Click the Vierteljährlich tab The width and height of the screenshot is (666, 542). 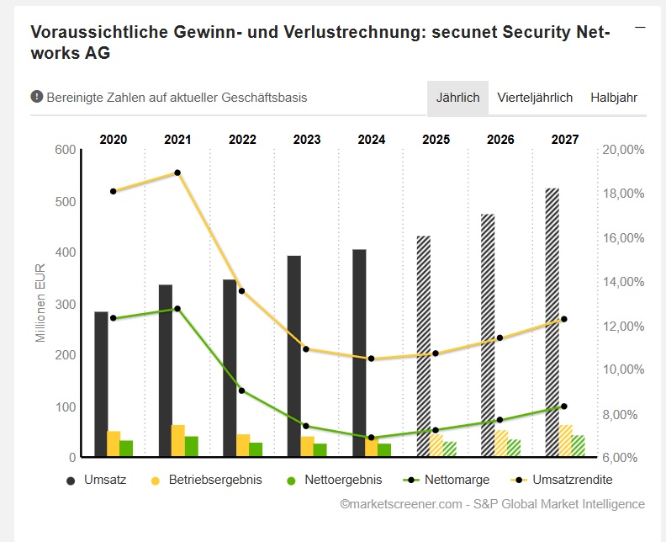tap(535, 98)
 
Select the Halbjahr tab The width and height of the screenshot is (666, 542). tap(614, 98)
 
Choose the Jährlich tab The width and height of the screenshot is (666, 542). tap(457, 98)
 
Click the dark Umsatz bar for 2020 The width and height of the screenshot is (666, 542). tap(101, 384)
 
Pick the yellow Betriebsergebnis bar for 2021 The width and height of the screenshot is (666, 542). tap(178, 441)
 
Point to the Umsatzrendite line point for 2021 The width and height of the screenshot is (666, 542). tap(177, 173)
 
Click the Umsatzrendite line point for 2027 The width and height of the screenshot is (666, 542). tap(564, 319)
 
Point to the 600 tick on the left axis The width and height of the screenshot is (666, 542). tap(66, 150)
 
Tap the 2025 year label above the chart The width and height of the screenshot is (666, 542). tap(436, 140)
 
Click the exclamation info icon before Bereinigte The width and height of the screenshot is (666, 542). tap(37, 97)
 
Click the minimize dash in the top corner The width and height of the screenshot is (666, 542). tap(640, 28)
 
